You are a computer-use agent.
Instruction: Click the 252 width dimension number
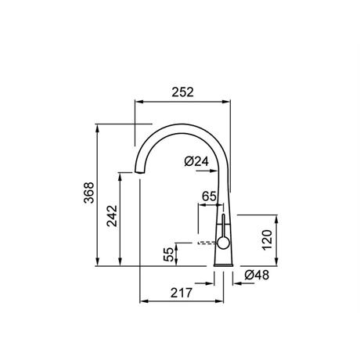coord(182,92)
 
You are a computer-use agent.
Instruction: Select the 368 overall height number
coord(89,193)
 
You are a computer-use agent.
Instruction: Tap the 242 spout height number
coord(113,216)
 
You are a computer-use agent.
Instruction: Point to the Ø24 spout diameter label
coord(196,161)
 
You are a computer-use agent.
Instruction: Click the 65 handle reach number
coord(209,196)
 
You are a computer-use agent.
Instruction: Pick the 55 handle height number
coord(169,254)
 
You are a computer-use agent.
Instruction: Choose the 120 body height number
coord(267,240)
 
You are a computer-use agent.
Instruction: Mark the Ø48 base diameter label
coord(257,275)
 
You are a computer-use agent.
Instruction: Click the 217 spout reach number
coord(182,293)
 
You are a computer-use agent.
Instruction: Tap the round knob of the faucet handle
coord(223,243)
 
